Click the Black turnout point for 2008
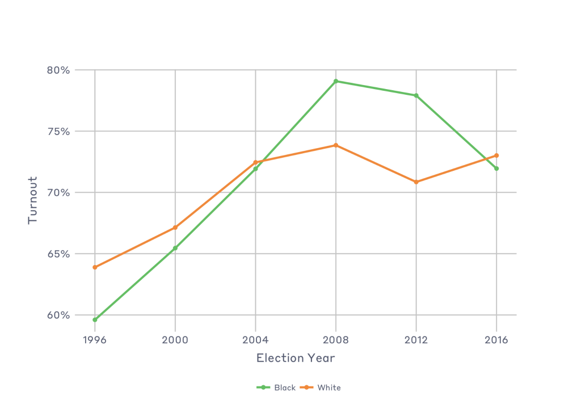click(336, 81)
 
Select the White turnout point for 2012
click(416, 182)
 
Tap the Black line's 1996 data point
click(95, 320)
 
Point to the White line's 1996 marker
click(95, 267)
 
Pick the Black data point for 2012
click(416, 95)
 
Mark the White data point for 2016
click(497, 155)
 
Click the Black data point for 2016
click(497, 169)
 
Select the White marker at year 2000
click(175, 228)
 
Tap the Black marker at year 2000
click(175, 248)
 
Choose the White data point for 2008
click(336, 145)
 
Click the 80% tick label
click(58, 70)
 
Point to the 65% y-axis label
click(58, 254)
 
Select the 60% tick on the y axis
click(58, 316)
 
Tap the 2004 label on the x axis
click(256, 340)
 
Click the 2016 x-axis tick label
click(497, 340)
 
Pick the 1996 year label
click(95, 340)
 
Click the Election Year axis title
click(296, 358)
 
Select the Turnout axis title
click(33, 200)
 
